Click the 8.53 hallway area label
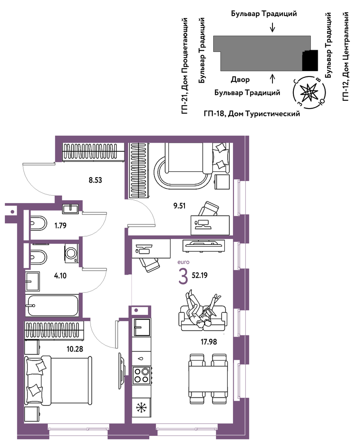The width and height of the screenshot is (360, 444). click(95, 180)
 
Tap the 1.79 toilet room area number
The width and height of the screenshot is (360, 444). click(60, 226)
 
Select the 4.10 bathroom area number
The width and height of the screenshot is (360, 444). click(60, 275)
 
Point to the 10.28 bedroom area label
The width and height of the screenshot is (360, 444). click(75, 349)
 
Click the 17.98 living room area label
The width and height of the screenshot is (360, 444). click(209, 342)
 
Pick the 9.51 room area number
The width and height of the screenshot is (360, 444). click(180, 206)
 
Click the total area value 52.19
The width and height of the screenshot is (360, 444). click(200, 275)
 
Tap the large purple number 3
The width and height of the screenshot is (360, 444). click(183, 277)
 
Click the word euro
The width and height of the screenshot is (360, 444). click(183, 262)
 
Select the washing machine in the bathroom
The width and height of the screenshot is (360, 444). click(72, 253)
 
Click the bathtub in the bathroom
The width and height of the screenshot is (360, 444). click(52, 306)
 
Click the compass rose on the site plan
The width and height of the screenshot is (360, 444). click(309, 92)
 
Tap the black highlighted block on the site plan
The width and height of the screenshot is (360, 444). click(310, 60)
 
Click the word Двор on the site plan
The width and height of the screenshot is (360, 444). click(240, 80)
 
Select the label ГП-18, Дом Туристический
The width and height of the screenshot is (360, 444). click(252, 114)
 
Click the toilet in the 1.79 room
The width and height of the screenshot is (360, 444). click(38, 223)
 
